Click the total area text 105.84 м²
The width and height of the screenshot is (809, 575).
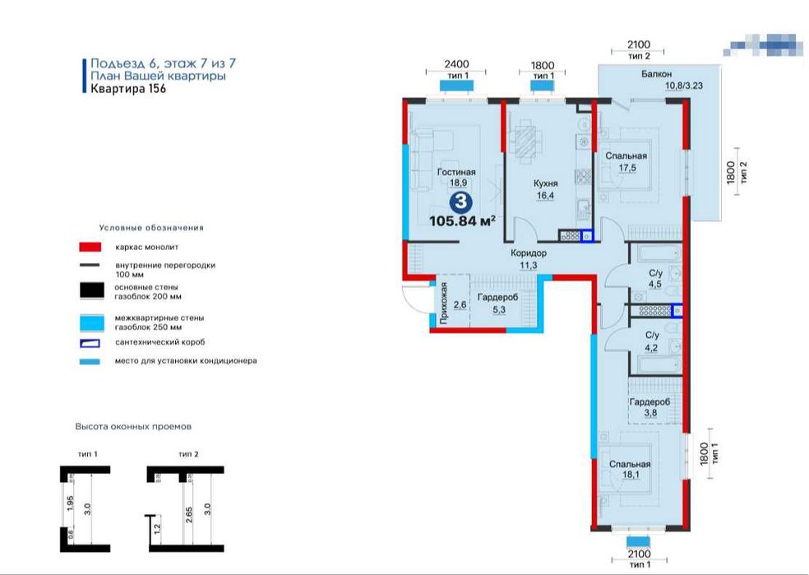463,220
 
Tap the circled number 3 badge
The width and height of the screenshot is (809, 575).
462,200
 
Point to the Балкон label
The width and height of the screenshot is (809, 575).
658,74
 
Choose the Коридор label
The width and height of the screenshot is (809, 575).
528,253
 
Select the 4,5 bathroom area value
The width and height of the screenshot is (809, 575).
655,285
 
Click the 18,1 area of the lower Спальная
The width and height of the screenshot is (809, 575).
631,475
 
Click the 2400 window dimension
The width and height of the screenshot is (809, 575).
455,64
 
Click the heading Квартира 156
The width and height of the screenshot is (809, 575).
128,90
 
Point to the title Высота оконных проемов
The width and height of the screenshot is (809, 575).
133,427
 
